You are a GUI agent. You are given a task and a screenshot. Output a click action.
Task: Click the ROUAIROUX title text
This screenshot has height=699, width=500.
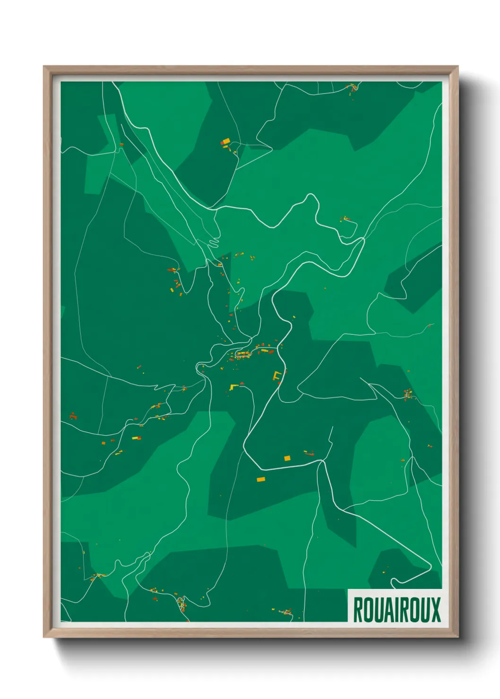pyautogui.click(x=397, y=610)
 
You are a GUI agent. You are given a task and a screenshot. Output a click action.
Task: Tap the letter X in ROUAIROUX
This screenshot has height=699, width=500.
pyautogui.click(x=435, y=610)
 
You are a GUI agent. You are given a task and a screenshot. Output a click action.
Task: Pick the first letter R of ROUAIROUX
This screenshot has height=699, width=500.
pyautogui.click(x=358, y=610)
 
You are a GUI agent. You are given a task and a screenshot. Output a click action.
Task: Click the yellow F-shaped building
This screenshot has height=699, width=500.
pyautogui.click(x=277, y=375)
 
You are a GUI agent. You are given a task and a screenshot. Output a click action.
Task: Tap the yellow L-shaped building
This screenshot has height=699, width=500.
pyautogui.click(x=233, y=387)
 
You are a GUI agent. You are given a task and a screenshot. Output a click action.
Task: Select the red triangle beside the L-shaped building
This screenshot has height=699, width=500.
pyautogui.click(x=241, y=384)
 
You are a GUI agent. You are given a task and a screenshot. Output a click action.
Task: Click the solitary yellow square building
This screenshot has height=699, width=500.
pyautogui.click(x=287, y=458)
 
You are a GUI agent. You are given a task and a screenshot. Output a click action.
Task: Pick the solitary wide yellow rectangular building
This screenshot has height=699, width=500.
pyautogui.click(x=261, y=479)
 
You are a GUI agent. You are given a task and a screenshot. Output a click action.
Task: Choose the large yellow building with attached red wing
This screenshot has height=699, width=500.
pyautogui.click(x=225, y=141)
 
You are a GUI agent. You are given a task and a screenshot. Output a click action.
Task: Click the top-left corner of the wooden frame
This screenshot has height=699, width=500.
pyautogui.click(x=44, y=67)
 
